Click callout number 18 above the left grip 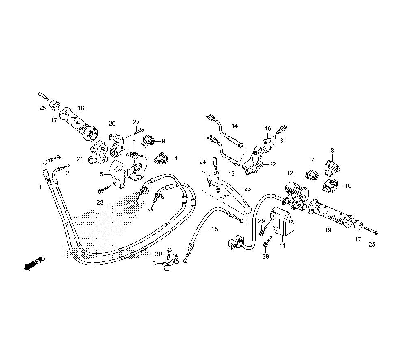click(x=81, y=108)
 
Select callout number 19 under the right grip click(x=328, y=230)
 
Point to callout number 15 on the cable click(x=215, y=229)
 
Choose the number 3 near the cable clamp click(x=155, y=264)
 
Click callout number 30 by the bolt click(x=159, y=254)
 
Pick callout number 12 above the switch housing click(x=290, y=173)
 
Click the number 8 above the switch click(x=332, y=150)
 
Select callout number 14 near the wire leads click(x=234, y=126)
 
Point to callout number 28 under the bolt click(x=99, y=202)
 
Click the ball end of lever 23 click(x=247, y=209)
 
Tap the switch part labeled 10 click(x=331, y=185)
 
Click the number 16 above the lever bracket click(x=268, y=128)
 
